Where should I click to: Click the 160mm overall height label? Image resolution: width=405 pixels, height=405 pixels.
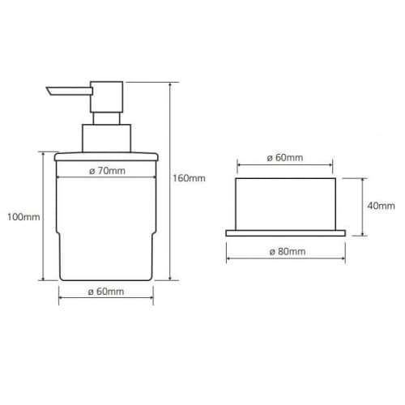tap(189, 178)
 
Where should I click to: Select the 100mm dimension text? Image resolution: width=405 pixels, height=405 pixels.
tap(23, 217)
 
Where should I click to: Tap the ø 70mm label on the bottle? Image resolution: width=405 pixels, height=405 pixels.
tap(107, 171)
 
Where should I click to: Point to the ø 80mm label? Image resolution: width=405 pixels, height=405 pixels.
tap(288, 252)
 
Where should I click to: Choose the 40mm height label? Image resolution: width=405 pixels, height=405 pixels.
tap(381, 206)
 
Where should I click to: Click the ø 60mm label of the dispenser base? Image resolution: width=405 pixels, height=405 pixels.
tap(106, 292)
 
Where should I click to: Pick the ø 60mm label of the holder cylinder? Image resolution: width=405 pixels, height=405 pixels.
tap(285, 158)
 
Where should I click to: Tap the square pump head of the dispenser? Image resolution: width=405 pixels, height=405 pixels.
tap(107, 96)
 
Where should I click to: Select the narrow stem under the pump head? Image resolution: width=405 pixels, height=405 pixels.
tap(107, 118)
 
